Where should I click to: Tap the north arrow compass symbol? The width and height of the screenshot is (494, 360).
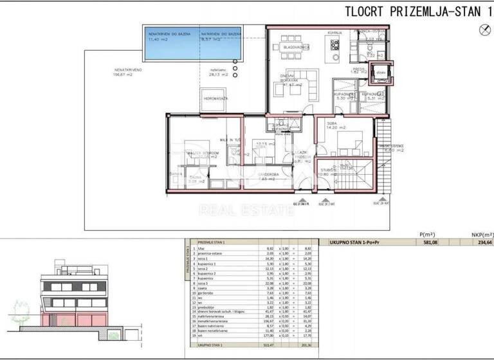tap(484, 28)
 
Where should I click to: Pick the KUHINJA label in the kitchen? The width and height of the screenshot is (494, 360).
tap(334, 32)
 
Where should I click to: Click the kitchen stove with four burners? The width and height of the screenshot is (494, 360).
tap(334, 44)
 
